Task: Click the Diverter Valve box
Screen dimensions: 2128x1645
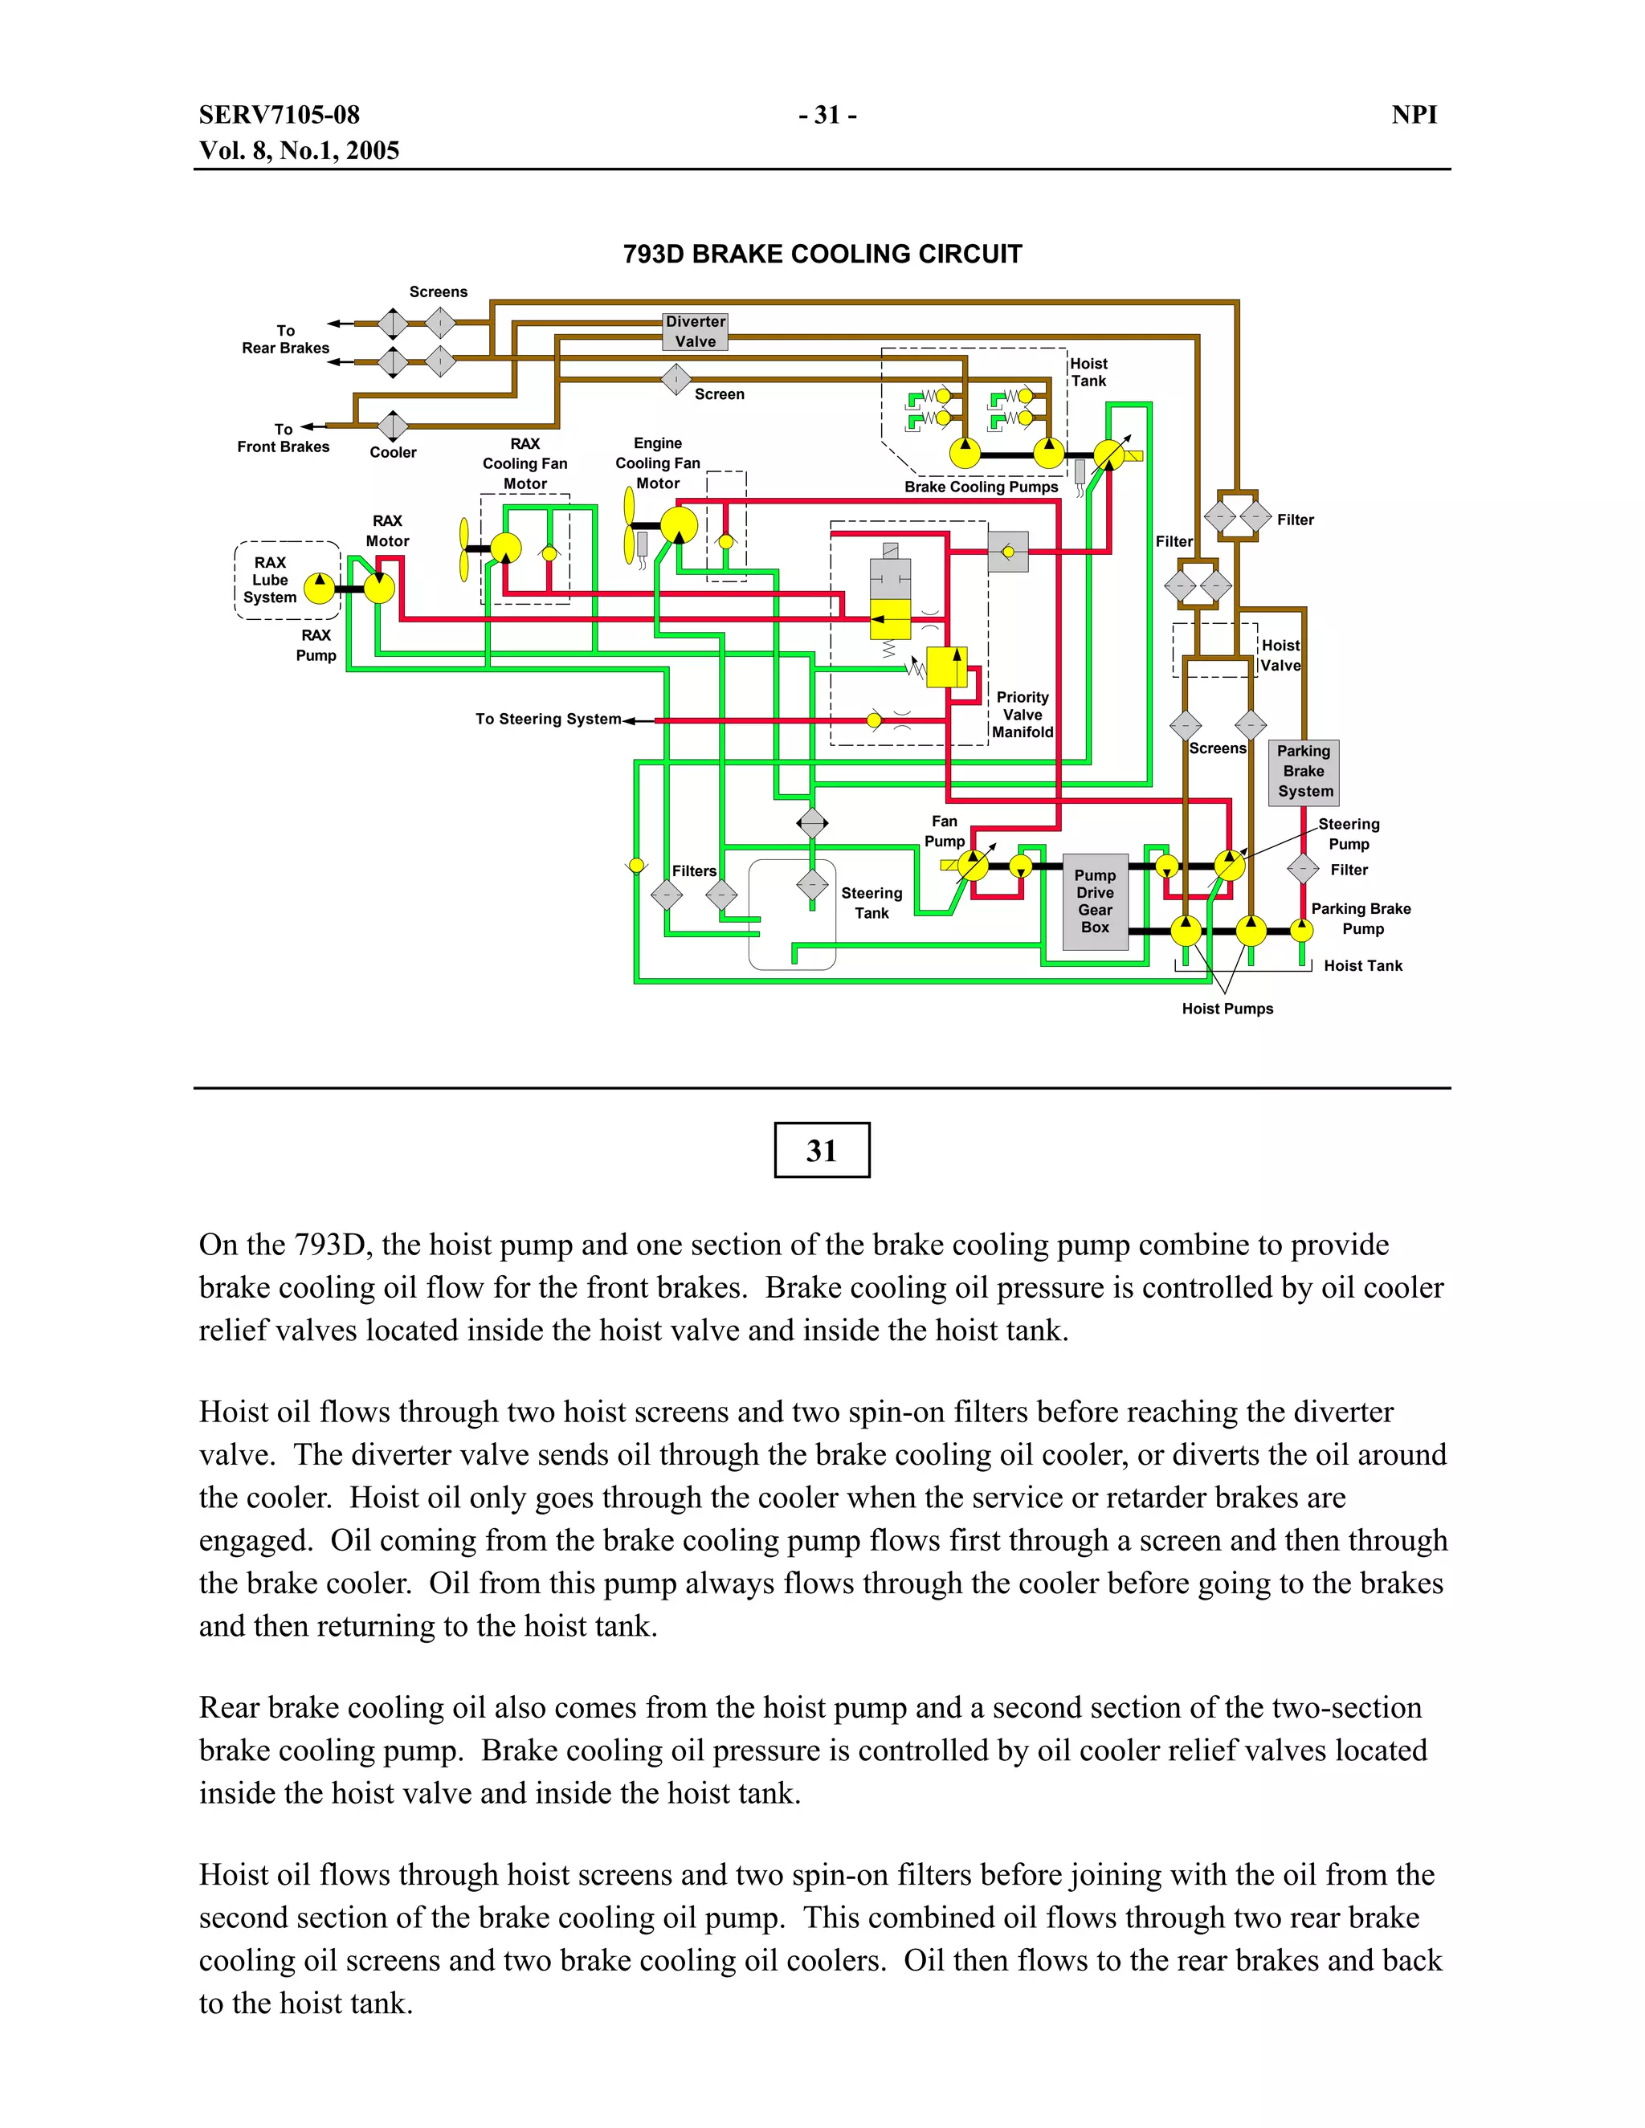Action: (695, 332)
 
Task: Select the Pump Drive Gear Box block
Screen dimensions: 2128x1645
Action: (1095, 901)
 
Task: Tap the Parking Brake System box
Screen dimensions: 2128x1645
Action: (1304, 771)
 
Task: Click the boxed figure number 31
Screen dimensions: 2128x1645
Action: (822, 1151)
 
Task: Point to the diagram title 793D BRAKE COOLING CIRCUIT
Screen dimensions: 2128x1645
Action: (822, 255)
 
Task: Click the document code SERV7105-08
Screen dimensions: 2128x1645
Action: (280, 115)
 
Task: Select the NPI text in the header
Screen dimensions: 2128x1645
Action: (1414, 115)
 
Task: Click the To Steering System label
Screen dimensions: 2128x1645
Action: (548, 719)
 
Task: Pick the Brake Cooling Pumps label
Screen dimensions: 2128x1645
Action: (981, 487)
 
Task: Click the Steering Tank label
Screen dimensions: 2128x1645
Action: (871, 903)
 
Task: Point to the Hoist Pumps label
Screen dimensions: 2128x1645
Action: (1227, 1009)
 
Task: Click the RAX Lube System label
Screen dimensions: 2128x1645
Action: (270, 580)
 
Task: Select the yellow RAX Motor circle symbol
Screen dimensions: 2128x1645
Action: (378, 588)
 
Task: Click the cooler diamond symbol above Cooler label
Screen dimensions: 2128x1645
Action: (393, 426)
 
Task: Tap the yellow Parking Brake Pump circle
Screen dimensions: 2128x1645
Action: (1301, 931)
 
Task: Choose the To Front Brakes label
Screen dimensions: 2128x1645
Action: (284, 438)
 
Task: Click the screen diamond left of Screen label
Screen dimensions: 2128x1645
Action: (676, 379)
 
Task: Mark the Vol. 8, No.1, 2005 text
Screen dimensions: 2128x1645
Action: (299, 151)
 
